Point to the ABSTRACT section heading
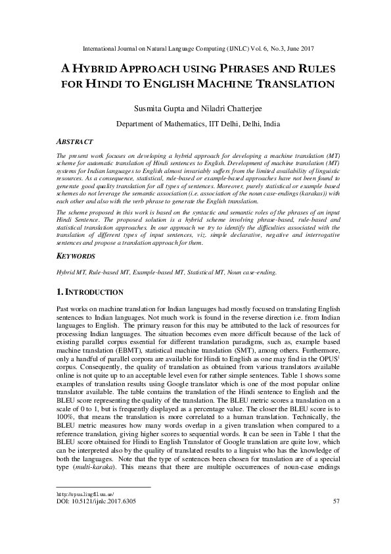pyautogui.click(x=72, y=141)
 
